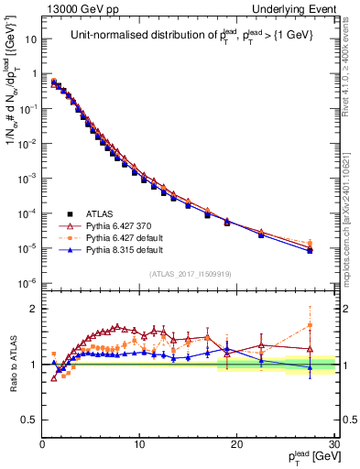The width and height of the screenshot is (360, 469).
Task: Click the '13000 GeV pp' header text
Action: click(x=76, y=8)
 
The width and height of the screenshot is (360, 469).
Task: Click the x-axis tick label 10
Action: click(x=139, y=444)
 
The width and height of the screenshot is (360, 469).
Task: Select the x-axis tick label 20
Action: click(x=236, y=444)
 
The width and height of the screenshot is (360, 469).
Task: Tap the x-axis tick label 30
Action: click(x=332, y=444)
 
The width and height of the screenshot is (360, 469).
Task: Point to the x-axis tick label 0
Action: click(x=43, y=444)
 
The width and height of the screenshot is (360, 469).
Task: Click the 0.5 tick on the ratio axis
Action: click(x=30, y=420)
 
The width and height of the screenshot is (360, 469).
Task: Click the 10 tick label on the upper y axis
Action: click(x=30, y=39)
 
